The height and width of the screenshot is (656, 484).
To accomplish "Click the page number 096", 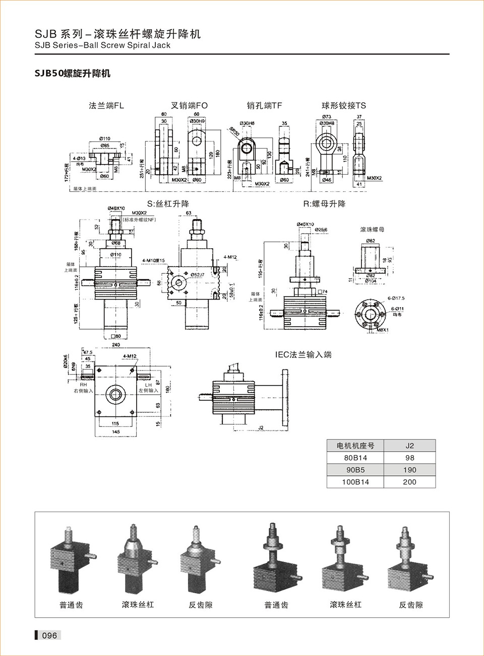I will coord(49,635).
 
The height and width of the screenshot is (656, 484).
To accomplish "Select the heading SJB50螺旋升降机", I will coord(72,74).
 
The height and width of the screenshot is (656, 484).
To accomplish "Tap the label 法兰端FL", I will coord(106,106).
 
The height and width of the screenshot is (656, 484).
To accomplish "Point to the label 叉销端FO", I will coord(189,106).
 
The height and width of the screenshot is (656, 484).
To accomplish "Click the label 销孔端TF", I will coord(264,106).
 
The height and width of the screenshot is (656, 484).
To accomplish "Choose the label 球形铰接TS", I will coord(344,106).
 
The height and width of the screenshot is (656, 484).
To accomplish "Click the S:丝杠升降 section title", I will coord(168,204).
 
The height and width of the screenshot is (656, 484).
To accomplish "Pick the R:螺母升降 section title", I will coord(324,204).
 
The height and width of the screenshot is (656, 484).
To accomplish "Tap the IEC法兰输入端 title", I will coord(304,354).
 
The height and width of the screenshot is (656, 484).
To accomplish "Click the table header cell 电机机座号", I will coord(355,446).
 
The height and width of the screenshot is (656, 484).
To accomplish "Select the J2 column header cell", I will coord(409,446).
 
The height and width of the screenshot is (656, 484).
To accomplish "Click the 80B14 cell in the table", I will coord(355,458).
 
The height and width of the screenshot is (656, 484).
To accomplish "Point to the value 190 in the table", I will coord(409,470).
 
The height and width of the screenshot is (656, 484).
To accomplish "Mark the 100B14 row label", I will coord(355,482).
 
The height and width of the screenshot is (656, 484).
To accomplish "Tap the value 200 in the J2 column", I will coord(409,482).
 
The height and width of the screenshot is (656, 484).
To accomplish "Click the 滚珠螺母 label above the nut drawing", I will coord(372,230).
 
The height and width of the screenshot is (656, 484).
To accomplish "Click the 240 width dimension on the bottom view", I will coord(116,345).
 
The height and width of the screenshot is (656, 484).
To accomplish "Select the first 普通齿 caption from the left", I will coord(71,605).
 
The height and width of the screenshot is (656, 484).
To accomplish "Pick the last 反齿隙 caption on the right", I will coord(411,605).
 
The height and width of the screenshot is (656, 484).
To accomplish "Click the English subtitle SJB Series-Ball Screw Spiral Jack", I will coord(103,45).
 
